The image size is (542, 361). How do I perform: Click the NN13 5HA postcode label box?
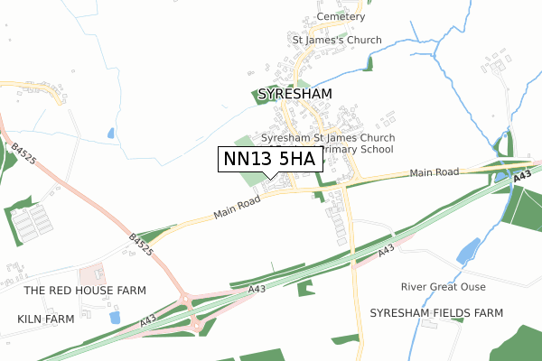click(x=270, y=159)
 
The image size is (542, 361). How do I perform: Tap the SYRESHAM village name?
click(x=294, y=94)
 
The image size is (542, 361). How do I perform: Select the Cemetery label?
click(x=341, y=17)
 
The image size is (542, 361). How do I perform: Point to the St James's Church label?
click(x=336, y=41)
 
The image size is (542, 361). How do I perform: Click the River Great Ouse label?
click(x=444, y=287)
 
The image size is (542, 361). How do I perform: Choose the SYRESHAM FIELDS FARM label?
click(x=435, y=312)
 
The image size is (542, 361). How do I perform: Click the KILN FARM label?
click(x=44, y=319)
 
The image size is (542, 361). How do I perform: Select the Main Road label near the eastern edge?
click(x=434, y=171)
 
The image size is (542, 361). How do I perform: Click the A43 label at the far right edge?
click(x=521, y=180)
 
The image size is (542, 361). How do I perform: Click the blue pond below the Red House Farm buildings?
click(x=114, y=318)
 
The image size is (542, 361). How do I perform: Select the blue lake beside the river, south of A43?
click(x=468, y=250)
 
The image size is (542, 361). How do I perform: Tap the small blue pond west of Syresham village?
click(x=110, y=134)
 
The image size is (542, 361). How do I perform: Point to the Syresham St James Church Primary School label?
click(x=328, y=144)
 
